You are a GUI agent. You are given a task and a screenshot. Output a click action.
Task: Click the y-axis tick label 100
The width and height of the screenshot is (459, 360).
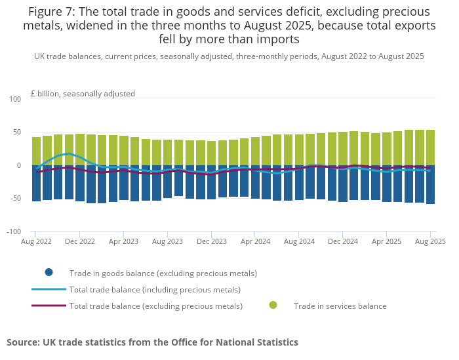pos(14,98)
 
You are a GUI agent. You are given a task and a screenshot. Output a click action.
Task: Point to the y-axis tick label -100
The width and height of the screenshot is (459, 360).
pos(13,231)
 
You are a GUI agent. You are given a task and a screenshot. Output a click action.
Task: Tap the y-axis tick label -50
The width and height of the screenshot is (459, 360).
pos(14,198)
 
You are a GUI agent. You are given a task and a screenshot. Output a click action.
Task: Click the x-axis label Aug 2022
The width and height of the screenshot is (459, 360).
pos(36,241)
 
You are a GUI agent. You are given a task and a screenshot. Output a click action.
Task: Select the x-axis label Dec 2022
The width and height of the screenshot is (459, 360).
pos(80,241)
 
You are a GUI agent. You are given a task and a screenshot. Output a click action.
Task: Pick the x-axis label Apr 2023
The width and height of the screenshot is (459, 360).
pos(124,241)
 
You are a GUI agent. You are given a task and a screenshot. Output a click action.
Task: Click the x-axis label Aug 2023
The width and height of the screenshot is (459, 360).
pos(168,241)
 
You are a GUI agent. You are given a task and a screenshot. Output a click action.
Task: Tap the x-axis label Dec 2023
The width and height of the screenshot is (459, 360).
pos(212,241)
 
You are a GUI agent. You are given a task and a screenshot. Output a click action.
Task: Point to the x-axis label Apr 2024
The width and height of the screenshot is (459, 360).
pos(256,241)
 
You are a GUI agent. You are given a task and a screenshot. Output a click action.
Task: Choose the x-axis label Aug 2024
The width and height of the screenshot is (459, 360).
pos(299,241)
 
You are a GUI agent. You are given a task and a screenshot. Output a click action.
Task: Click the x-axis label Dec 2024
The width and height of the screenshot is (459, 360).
pos(343,241)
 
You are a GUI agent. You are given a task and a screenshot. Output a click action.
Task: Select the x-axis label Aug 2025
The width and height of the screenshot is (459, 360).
pos(430,241)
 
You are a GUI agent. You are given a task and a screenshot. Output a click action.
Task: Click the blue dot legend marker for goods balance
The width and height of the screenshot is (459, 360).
pos(49,273)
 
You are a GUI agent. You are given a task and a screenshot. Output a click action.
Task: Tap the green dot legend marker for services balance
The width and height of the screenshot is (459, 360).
pos(273,306)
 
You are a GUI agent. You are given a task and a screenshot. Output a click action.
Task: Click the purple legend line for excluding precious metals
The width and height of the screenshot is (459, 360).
pos(49,306)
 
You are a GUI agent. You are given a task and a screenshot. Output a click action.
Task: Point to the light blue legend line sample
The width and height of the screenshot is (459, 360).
pos(49,289)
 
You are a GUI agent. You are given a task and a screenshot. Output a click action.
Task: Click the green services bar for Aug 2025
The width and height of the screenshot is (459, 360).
pos(431,148)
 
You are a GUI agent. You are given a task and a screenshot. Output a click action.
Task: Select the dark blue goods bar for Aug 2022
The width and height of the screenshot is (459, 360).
pos(37,183)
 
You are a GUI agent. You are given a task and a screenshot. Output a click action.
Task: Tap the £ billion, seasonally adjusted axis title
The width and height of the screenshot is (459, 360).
pos(83,94)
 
